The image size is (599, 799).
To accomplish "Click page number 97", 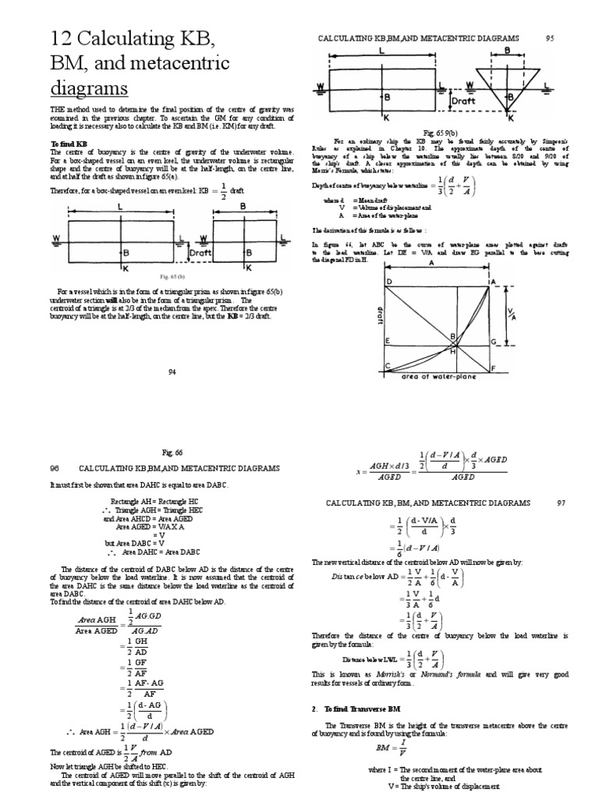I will (560, 503).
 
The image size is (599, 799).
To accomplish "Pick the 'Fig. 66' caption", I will (172, 452).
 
